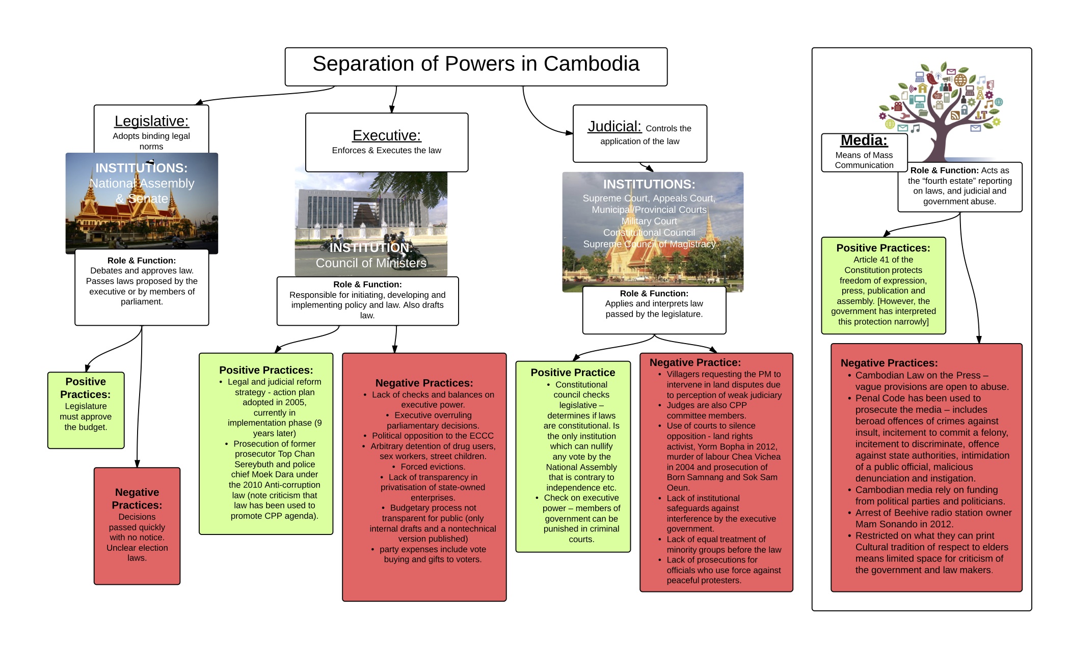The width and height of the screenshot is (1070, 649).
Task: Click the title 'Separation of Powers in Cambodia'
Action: [475, 64]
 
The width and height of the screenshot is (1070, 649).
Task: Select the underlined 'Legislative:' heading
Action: [151, 121]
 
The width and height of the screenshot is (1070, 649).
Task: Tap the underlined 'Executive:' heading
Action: [387, 135]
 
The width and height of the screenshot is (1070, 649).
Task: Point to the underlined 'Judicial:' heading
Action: [614, 126]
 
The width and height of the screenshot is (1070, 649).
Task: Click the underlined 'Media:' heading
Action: [864, 140]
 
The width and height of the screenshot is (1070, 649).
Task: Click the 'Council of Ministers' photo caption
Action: [371, 263]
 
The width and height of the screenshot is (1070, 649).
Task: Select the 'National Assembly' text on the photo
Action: [142, 183]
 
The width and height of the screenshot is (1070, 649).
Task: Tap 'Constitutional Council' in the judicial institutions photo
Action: [649, 233]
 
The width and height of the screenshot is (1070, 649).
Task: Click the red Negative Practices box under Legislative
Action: [137, 525]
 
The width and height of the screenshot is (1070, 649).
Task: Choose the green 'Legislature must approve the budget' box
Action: [86, 410]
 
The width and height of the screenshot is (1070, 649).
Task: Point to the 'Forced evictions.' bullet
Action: [433, 467]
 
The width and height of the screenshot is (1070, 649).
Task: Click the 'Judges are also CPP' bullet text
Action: [706, 405]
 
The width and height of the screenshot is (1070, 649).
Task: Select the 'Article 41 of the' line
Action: [883, 260]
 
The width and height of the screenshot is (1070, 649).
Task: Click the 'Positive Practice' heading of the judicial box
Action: [573, 373]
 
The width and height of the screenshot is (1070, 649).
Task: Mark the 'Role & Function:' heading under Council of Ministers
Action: [367, 285]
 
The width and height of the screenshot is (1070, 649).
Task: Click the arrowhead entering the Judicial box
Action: [570, 133]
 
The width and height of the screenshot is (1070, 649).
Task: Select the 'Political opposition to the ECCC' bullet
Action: [433, 436]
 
